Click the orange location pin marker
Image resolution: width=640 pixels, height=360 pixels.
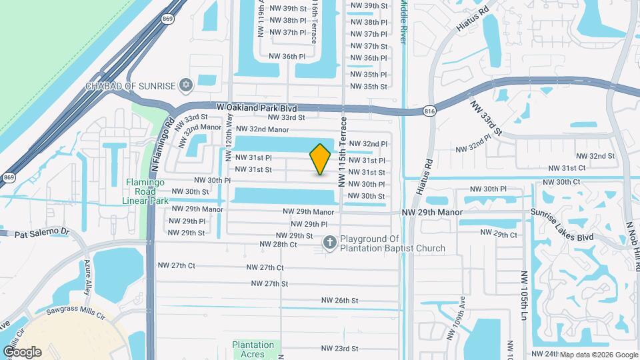pos(321,159)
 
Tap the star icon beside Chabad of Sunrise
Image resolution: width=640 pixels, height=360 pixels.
pos(186,85)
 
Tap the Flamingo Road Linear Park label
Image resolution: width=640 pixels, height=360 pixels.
pos(146,191)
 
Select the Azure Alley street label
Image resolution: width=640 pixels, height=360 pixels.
pos(87,269)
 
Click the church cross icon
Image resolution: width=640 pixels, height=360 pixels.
pos(329,243)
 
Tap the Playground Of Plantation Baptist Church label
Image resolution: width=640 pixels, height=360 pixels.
pos(393,244)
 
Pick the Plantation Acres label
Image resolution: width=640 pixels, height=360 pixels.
pos(253,349)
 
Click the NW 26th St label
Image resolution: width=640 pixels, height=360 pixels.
pos(339,301)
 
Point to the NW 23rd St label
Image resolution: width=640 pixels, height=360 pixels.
pos(339,349)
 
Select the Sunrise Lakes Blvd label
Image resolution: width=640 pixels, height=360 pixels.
pos(562,226)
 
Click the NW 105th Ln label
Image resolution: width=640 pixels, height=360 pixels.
pos(525,293)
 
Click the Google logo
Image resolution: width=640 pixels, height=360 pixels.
pos(22,352)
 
